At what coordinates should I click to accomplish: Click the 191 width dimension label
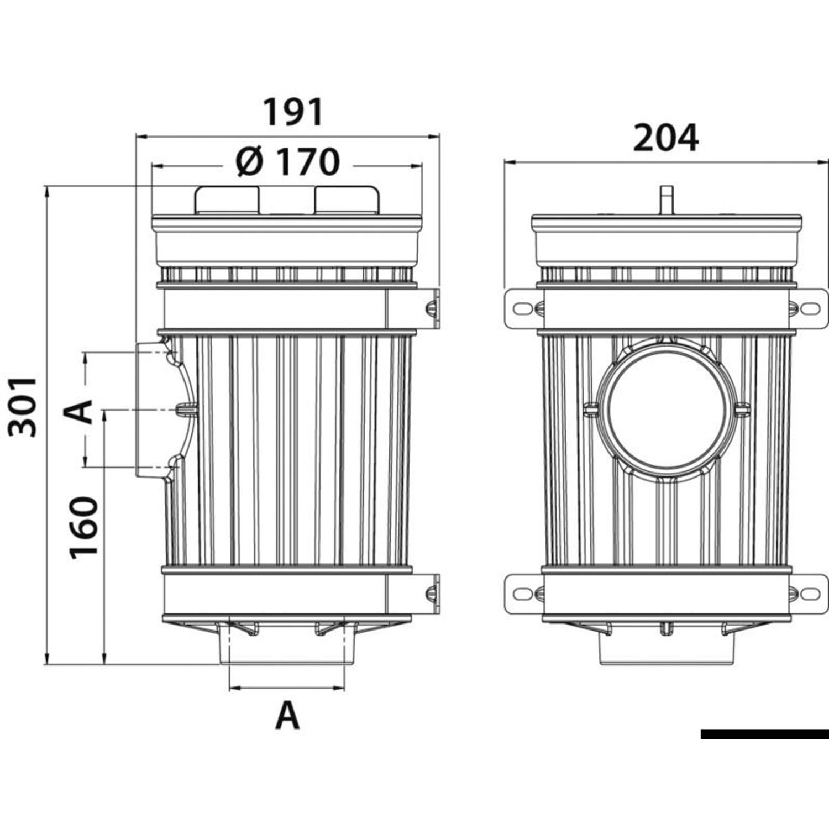click(292, 112)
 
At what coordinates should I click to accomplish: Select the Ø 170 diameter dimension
click(287, 162)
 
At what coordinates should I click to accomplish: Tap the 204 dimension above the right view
click(665, 138)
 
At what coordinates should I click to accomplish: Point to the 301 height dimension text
click(23, 407)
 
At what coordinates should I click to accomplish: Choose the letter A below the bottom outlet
click(287, 716)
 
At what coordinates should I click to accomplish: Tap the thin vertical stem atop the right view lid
click(667, 200)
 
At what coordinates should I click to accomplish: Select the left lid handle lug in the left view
click(227, 200)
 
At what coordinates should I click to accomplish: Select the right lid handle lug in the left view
click(347, 200)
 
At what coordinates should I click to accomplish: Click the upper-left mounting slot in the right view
click(523, 308)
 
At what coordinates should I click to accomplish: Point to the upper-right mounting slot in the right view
click(810, 308)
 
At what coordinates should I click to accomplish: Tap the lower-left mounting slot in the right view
click(523, 594)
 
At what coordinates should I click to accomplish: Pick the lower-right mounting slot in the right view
click(810, 594)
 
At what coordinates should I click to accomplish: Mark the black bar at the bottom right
click(764, 734)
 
